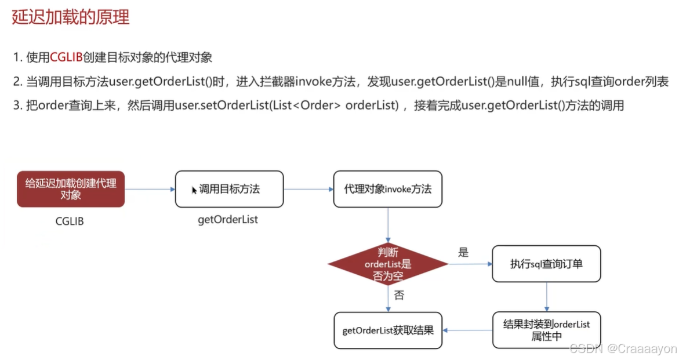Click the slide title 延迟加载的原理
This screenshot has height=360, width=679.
click(x=70, y=17)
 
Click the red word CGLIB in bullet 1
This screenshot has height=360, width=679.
click(x=66, y=57)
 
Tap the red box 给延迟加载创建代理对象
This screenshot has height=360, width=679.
click(x=71, y=189)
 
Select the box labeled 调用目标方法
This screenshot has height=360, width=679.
click(x=229, y=189)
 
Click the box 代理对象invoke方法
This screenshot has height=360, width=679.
click(x=387, y=189)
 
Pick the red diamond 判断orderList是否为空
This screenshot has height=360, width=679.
click(x=387, y=264)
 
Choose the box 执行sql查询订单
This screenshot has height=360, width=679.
click(x=546, y=264)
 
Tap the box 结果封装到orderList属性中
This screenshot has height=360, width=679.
click(x=546, y=330)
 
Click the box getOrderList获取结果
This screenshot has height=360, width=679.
click(x=387, y=330)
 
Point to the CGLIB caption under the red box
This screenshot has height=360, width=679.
click(x=70, y=221)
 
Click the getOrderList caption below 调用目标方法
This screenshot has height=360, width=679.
click(x=228, y=220)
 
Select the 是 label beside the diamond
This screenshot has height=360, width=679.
click(x=463, y=252)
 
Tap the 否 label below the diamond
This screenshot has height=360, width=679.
click(x=399, y=295)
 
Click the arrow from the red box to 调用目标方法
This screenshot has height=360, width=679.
click(x=150, y=189)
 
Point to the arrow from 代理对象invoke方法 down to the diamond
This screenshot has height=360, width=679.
click(x=387, y=223)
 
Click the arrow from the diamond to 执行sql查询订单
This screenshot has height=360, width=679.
click(x=470, y=264)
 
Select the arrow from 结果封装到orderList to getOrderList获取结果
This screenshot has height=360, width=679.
click(x=467, y=330)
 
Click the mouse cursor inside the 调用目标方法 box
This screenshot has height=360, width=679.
click(x=195, y=190)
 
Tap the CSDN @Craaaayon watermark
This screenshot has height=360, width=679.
click(x=623, y=348)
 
